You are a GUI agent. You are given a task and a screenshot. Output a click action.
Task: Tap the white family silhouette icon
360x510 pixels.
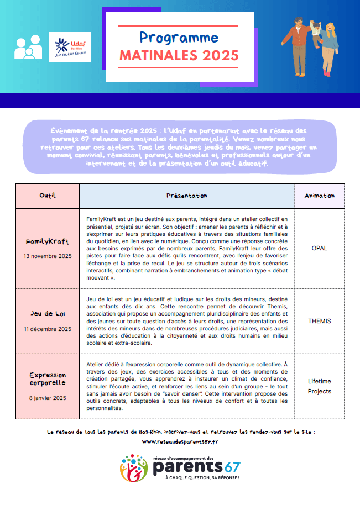tap(28, 48)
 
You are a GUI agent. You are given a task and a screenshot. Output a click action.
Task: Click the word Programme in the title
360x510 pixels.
tap(179, 38)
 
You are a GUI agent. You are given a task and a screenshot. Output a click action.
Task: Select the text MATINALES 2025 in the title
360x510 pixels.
tap(179, 56)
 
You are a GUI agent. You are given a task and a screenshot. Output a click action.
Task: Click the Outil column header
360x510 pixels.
tap(48, 196)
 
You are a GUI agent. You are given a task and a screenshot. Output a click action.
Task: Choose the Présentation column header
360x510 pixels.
tap(187, 196)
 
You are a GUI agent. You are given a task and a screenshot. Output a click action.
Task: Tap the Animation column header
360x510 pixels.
tap(319, 196)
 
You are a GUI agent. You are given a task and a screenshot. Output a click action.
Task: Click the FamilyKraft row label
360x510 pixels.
tap(48, 242)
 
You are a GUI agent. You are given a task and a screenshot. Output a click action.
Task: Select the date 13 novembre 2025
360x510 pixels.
tap(48, 256)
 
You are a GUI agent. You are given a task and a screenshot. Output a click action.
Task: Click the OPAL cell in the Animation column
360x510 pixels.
tap(319, 248)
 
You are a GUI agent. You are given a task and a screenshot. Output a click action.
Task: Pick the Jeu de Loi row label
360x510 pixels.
tap(48, 314)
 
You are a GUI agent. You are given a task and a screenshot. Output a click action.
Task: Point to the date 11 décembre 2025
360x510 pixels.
tap(48, 329)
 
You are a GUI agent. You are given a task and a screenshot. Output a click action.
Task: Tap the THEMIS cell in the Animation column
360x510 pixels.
tap(319, 320)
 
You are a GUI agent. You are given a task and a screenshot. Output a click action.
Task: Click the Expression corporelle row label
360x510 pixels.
tap(48, 379)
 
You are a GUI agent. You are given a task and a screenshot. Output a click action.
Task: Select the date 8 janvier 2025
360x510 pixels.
tap(48, 398)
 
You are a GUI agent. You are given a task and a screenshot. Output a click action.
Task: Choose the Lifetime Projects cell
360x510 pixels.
tap(319, 386)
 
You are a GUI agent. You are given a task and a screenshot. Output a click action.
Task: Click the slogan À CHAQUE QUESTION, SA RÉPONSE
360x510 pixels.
tap(197, 477)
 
